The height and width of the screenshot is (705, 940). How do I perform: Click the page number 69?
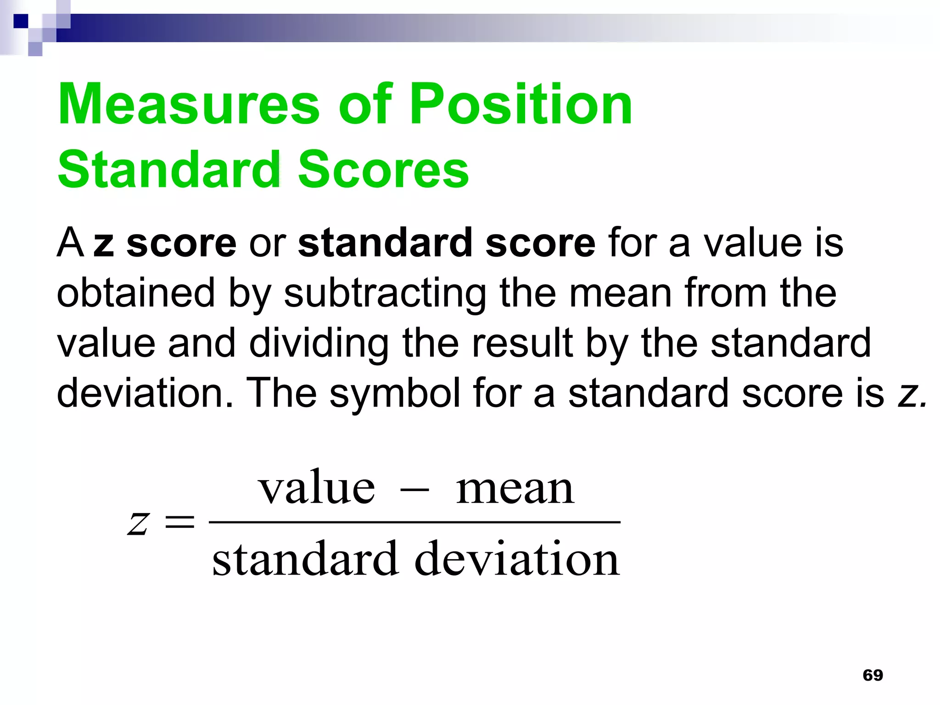tap(873, 675)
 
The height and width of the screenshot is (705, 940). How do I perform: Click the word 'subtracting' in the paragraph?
tap(385, 294)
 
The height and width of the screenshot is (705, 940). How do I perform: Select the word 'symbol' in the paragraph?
tap(395, 394)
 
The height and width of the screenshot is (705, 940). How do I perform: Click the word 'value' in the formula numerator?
tap(317, 487)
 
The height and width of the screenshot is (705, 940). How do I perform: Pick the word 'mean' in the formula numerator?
tap(515, 488)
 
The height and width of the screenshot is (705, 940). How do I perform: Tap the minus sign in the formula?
tap(415, 491)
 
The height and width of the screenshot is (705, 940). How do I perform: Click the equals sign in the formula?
tap(179, 522)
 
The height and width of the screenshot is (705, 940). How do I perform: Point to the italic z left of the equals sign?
tap(138, 523)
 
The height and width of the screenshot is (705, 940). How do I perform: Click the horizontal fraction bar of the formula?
tap(414, 522)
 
